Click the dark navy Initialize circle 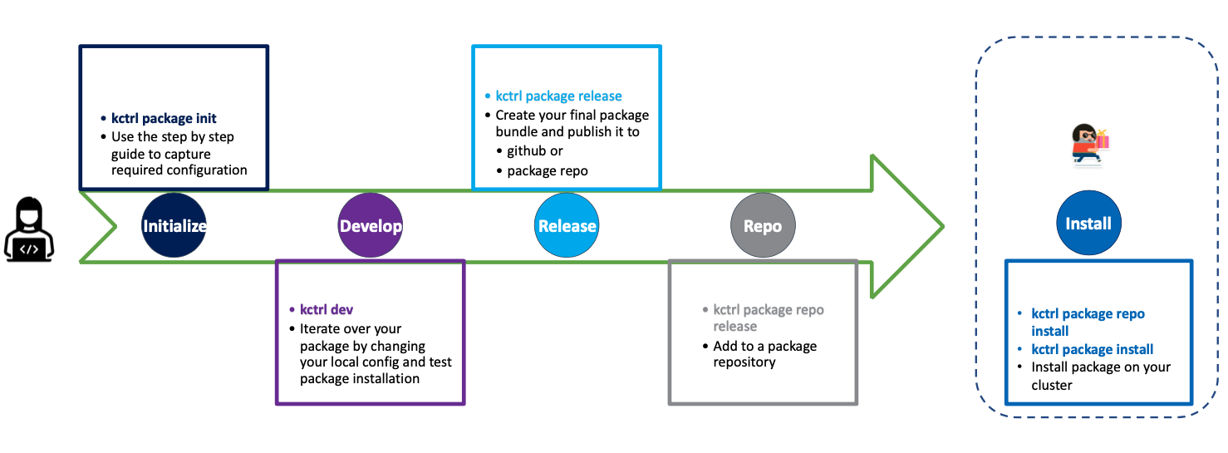[x=174, y=226]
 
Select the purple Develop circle [x=371, y=226]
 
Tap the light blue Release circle [x=567, y=226]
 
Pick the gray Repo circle [x=762, y=226]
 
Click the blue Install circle [x=1088, y=224]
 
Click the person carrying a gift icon [x=1089, y=145]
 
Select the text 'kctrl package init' [x=164, y=118]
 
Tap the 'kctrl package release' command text [x=558, y=96]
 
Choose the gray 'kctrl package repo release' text [x=769, y=318]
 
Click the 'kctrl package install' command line [x=1092, y=349]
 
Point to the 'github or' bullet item [x=535, y=151]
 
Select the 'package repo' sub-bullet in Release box [x=548, y=170]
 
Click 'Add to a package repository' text [x=764, y=354]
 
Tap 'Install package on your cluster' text [x=1100, y=376]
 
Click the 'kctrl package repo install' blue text [x=1088, y=322]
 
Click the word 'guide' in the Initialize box [x=130, y=154]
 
